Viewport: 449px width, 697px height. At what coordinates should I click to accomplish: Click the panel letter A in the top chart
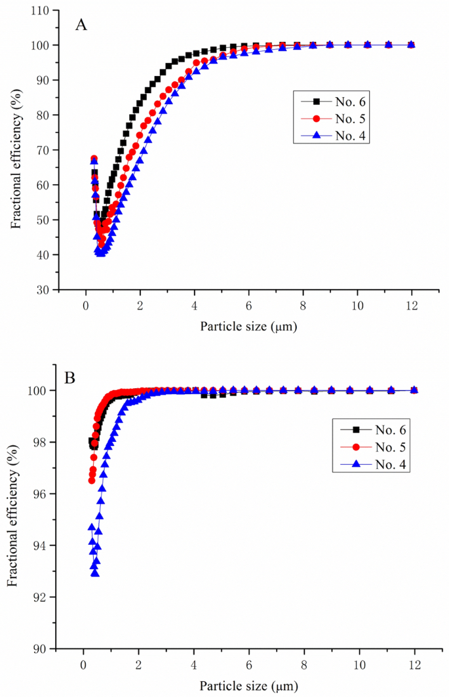tap(81, 24)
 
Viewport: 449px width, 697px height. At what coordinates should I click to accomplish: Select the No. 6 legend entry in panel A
tap(336, 102)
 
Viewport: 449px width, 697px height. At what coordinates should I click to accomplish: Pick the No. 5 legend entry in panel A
tap(336, 118)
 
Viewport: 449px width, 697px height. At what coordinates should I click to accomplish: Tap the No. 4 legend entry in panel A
tap(336, 134)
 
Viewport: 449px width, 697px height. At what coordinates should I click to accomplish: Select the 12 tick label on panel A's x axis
tap(412, 305)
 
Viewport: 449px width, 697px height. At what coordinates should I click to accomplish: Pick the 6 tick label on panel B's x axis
tap(249, 665)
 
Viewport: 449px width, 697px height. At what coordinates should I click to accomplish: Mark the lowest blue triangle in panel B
tap(96, 573)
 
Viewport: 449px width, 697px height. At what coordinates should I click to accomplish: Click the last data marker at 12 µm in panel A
tap(412, 45)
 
